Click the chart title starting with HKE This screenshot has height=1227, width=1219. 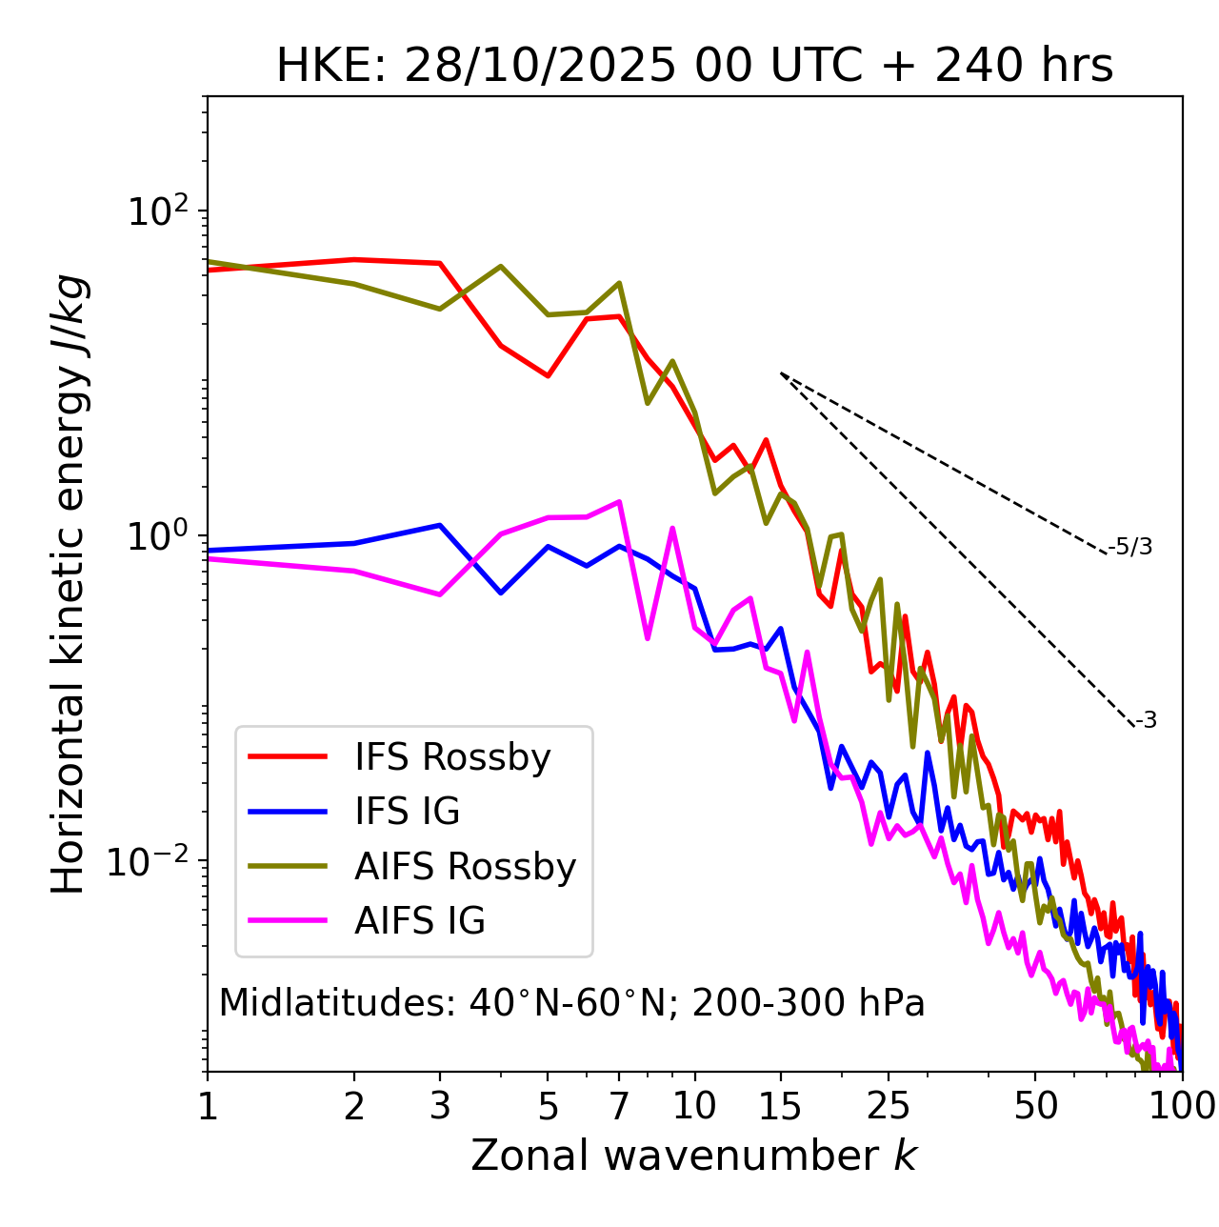pos(694,67)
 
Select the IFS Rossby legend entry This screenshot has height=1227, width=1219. pos(452,757)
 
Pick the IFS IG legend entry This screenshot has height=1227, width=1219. pos(407,812)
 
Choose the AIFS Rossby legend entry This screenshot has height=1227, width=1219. pos(465,867)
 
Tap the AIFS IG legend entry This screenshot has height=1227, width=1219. pos(419,921)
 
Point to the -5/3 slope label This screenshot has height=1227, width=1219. pos(1130,547)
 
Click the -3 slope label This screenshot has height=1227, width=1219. pos(1146,721)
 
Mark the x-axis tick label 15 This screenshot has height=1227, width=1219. pos(781,1106)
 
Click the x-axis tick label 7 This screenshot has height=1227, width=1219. pos(619,1106)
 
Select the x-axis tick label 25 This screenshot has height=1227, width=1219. pos(889,1106)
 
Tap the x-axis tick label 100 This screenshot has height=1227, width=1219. pos(1181,1106)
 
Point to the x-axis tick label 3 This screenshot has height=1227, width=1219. pos(440,1106)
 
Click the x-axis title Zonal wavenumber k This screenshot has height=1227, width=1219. pos(694,1157)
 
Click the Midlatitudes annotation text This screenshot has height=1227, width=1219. pos(571,1003)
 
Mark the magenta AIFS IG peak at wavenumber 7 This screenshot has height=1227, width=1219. pos(620,501)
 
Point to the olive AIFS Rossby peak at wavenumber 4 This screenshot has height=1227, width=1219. pos(501,266)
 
